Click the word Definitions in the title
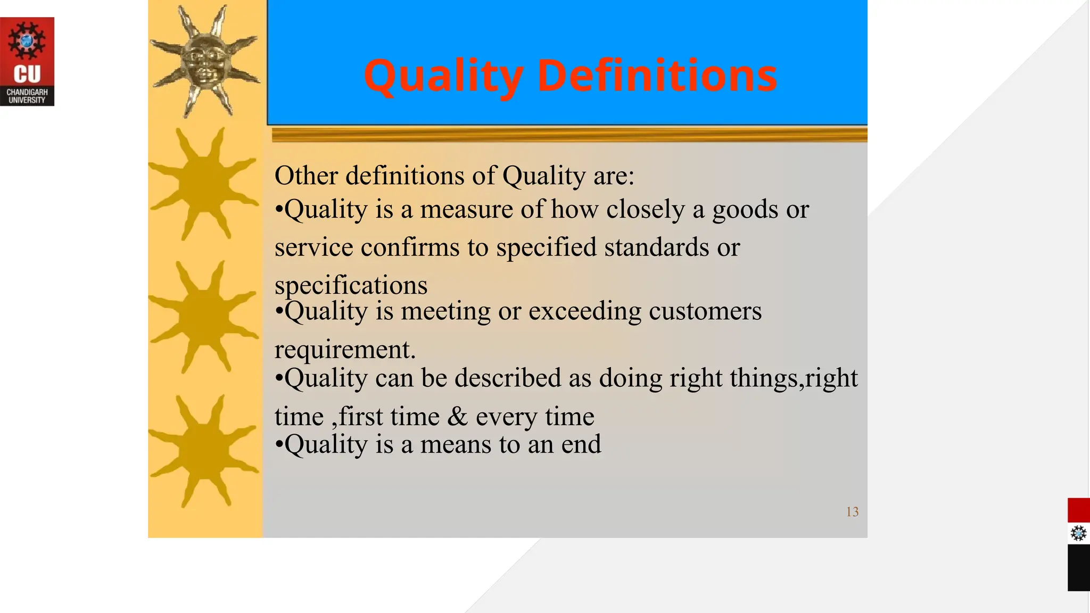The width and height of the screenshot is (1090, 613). pyautogui.click(x=657, y=76)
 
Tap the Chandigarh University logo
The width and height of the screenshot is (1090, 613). pyautogui.click(x=27, y=62)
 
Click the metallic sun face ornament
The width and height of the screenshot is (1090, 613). pyautogui.click(x=205, y=60)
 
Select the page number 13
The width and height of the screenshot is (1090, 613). pyautogui.click(x=852, y=512)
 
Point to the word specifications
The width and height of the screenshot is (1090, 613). pyautogui.click(x=351, y=285)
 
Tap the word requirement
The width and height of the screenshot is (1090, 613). pyautogui.click(x=344, y=350)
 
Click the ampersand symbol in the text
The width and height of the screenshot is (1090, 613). pyautogui.click(x=457, y=417)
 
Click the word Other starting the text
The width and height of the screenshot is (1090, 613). pyautogui.click(x=305, y=176)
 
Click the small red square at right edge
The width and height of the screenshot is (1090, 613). pyautogui.click(x=1078, y=510)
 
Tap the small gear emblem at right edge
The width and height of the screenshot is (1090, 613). pyautogui.click(x=1078, y=533)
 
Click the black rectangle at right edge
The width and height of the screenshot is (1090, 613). pyautogui.click(x=1078, y=567)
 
